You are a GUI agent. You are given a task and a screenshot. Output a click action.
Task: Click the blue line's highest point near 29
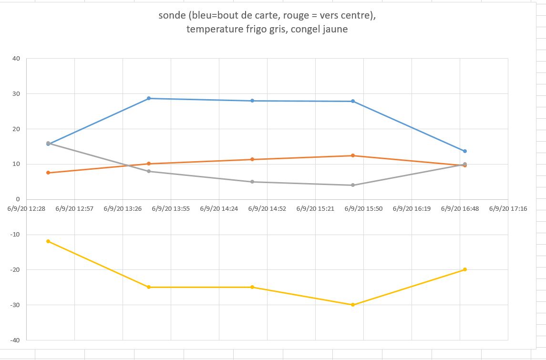click(149, 98)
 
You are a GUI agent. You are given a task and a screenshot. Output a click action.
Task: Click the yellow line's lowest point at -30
click(353, 305)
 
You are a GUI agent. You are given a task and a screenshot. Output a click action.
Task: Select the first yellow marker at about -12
click(48, 241)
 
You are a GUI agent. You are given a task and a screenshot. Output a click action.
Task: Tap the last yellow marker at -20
click(465, 269)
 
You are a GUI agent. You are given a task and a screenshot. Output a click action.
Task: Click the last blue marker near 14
click(465, 151)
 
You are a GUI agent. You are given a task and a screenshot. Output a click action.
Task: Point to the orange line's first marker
click(48, 173)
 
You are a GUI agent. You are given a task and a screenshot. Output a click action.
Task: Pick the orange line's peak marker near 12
click(353, 155)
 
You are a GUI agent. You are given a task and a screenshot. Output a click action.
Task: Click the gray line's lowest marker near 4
click(353, 185)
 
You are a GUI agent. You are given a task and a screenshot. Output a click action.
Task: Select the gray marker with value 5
click(252, 182)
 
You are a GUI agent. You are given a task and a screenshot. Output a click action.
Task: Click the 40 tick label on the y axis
click(16, 59)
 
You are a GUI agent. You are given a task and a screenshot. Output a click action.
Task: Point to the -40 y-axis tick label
click(15, 340)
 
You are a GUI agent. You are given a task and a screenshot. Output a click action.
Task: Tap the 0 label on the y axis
click(18, 199)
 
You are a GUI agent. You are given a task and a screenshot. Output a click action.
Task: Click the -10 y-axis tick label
click(15, 235)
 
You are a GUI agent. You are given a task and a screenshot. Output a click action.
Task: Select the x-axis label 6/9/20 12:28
click(26, 208)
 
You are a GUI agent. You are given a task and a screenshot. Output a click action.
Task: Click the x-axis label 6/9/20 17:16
click(508, 208)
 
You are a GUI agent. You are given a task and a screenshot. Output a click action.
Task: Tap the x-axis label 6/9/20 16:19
click(412, 208)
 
